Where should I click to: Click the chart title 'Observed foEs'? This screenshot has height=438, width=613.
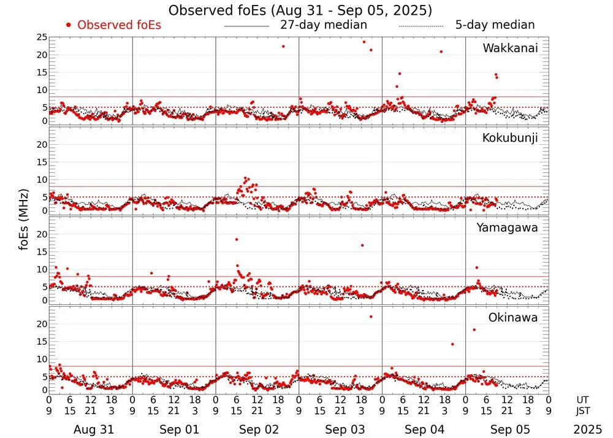pyautogui.click(x=300, y=10)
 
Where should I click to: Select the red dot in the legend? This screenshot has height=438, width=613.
pyautogui.click(x=69, y=25)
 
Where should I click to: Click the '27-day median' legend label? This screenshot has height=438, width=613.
pyautogui.click(x=323, y=25)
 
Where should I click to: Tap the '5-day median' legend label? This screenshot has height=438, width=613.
pyautogui.click(x=495, y=25)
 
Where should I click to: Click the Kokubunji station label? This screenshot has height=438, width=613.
pyautogui.click(x=510, y=138)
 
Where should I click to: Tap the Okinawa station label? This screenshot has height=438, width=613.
pyautogui.click(x=513, y=318)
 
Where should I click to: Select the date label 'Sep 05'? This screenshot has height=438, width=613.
pyautogui.click(x=508, y=429)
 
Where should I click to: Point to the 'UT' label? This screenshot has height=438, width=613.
pyautogui.click(x=582, y=399)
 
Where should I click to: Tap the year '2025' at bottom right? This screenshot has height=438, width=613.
pyautogui.click(x=588, y=429)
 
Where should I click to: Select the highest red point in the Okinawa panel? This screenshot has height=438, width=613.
pyautogui.click(x=371, y=317)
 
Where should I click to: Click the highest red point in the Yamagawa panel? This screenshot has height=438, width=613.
pyautogui.click(x=237, y=239)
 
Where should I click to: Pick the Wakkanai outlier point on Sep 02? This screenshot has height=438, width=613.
pyautogui.click(x=283, y=46)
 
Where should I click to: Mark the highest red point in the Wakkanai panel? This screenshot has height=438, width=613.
pyautogui.click(x=364, y=42)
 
